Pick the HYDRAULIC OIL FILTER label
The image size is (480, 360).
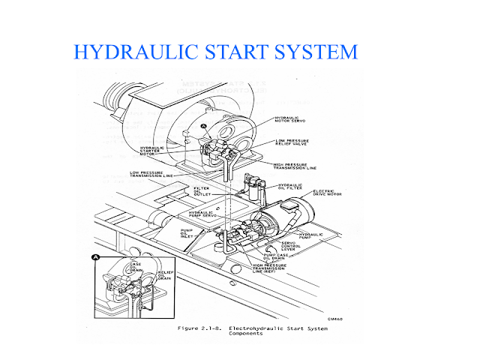(292, 187)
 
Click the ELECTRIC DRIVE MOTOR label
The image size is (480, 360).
(328, 193)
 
